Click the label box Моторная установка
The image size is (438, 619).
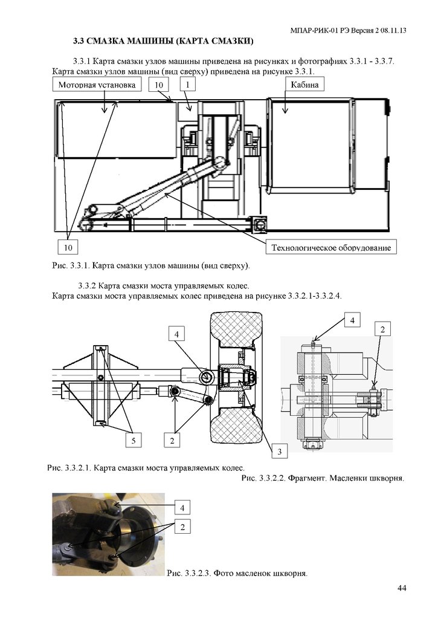click(x=97, y=85)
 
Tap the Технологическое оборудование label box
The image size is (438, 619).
click(x=331, y=247)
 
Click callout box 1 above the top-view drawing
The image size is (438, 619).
click(x=188, y=85)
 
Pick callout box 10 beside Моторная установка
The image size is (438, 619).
click(x=158, y=85)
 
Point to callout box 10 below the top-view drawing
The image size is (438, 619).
click(x=69, y=247)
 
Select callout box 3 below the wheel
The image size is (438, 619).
click(x=280, y=451)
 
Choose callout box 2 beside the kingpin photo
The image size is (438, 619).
click(x=182, y=527)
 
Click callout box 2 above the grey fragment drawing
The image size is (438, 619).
click(x=382, y=329)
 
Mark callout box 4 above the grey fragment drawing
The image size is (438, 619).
click(x=352, y=320)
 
